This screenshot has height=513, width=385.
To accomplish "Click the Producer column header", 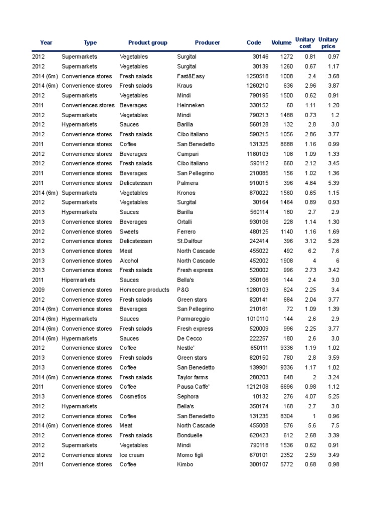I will point(207,43).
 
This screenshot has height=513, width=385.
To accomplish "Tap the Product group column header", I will point(147,43).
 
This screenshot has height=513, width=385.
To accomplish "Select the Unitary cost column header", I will point(305,43).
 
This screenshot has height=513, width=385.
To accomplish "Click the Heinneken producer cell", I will point(190,105).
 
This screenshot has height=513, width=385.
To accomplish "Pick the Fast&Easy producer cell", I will point(191,76).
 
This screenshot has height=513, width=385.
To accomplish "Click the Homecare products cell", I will point(144,290).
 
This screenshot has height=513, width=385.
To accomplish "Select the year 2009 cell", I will point(39,290).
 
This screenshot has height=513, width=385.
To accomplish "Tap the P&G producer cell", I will point(183,290).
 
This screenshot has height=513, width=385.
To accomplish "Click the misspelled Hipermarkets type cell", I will point(78,280).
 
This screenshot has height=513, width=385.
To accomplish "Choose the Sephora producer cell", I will point(188,396).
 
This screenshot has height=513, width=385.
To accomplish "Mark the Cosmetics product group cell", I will point(133,396).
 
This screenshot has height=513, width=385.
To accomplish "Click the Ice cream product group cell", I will point(132,455).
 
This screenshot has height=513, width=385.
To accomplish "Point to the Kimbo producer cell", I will point(185,464).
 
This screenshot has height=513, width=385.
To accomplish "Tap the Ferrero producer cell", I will point(187,231).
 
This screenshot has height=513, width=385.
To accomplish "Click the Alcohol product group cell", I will point(129,261).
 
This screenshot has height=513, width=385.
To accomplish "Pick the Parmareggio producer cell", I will point(192,319).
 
